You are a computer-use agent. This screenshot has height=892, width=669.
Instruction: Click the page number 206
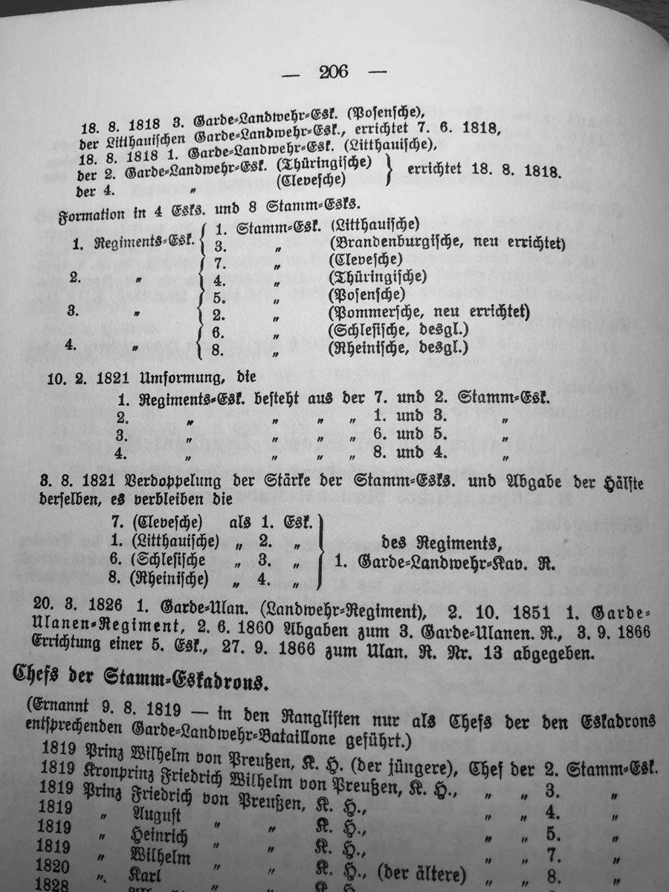tap(334, 72)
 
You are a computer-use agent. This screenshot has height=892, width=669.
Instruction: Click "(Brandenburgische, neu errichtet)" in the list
tap(446, 242)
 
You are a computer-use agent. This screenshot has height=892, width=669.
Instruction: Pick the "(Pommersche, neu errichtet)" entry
tap(428, 311)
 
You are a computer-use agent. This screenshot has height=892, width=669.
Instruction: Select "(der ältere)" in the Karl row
tap(421, 872)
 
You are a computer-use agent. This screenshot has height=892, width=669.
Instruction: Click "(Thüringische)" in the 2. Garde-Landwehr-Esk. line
tap(323, 163)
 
